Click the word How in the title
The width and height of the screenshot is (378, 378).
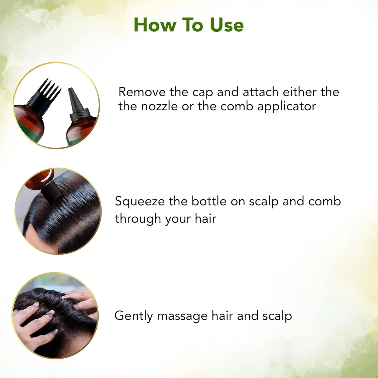155,25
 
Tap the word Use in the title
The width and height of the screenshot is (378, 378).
227,25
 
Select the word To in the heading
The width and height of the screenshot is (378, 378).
193,25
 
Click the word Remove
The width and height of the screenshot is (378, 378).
142,92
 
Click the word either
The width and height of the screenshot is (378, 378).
300,92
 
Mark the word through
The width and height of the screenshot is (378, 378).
138,219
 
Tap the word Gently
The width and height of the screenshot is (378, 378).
133,316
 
